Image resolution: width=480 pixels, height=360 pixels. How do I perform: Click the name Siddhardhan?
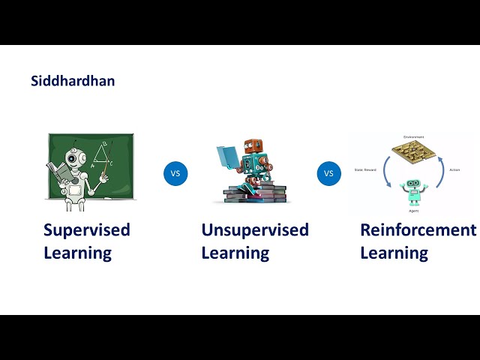73,80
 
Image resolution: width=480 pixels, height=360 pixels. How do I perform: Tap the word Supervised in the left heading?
86,229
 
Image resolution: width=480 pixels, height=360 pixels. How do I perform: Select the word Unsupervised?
255,229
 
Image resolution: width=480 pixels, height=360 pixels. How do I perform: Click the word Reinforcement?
418,229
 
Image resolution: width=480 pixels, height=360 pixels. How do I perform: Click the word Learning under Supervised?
77,253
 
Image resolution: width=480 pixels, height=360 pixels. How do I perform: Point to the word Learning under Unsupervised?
235,253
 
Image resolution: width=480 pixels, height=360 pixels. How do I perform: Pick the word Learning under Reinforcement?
394,253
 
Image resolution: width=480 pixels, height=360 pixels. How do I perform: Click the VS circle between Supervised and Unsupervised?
175,173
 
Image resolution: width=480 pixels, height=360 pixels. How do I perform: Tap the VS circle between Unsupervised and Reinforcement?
328,173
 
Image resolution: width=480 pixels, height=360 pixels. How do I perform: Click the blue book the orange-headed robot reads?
228,157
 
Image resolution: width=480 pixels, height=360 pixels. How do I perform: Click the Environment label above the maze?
413,137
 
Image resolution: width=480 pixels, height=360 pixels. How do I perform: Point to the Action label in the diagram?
454,170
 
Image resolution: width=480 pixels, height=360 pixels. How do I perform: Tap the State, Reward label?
368,170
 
